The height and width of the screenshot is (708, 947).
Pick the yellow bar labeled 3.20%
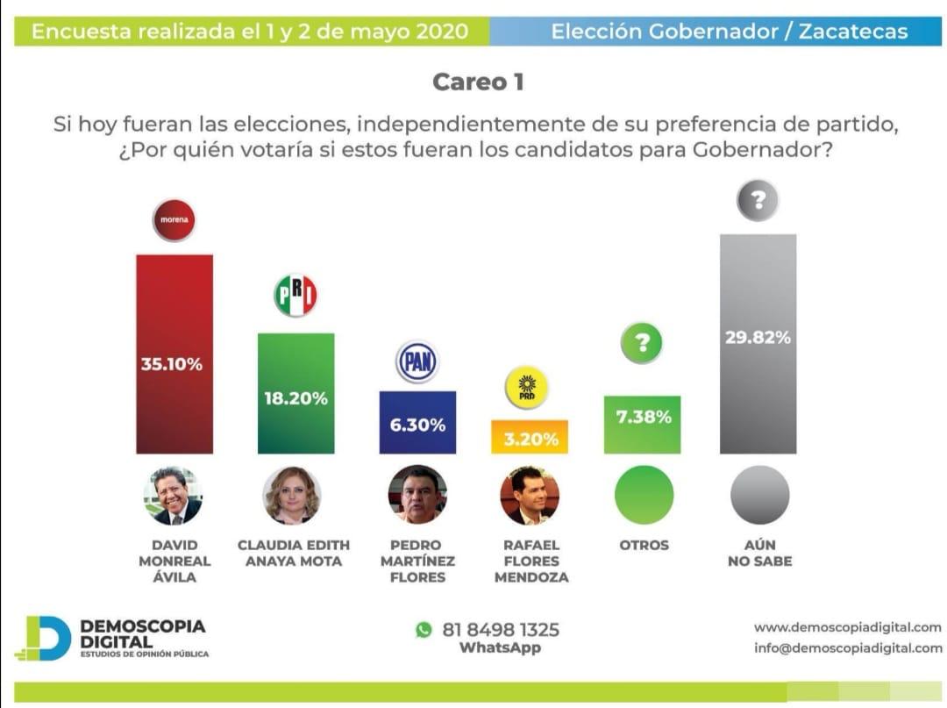(x=530, y=437)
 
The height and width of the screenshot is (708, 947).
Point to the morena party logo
(x=174, y=219)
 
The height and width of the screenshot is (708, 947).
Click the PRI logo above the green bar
(x=295, y=295)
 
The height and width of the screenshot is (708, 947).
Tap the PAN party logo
(x=417, y=362)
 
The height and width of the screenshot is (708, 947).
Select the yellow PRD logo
(x=527, y=388)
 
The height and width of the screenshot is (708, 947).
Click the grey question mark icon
(x=758, y=201)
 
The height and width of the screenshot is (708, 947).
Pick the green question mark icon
(x=642, y=343)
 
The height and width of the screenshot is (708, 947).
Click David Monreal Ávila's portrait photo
(x=173, y=495)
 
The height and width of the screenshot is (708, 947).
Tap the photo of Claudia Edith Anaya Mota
(x=291, y=495)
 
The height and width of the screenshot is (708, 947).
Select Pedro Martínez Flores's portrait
(x=417, y=495)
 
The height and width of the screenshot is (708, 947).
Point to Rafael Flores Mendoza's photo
(x=530, y=495)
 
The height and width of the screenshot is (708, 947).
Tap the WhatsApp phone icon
(x=424, y=629)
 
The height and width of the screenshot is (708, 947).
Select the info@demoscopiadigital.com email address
(x=847, y=648)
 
